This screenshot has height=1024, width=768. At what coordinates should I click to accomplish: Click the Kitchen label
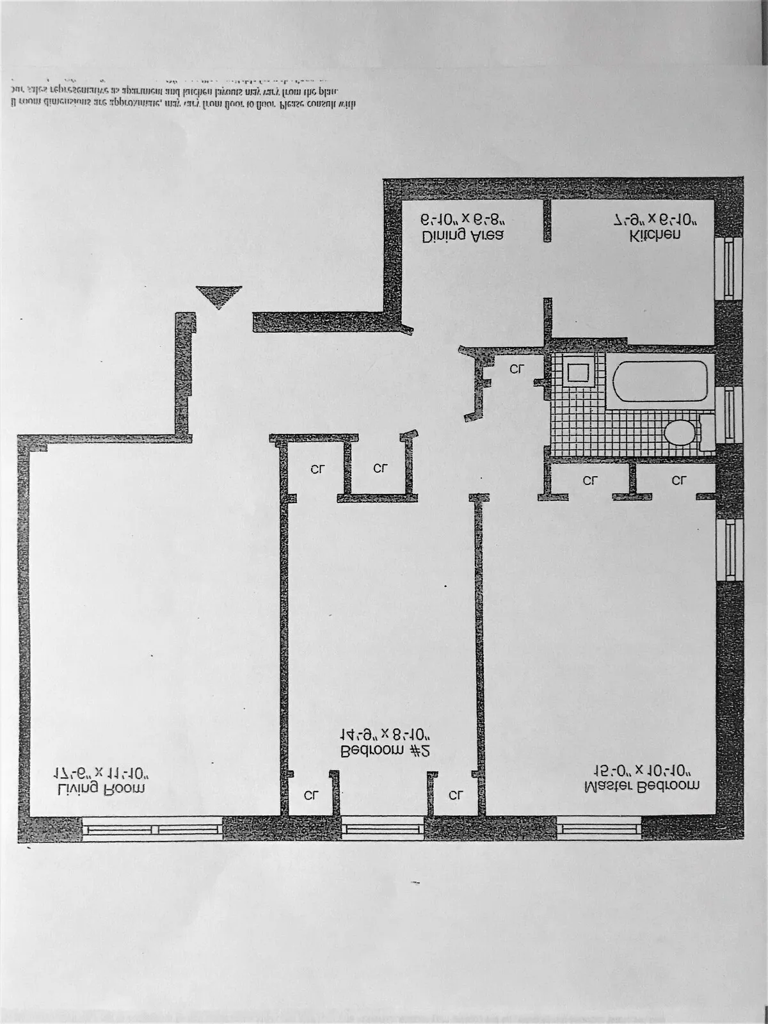click(x=655, y=235)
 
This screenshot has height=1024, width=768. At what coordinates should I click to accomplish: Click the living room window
click(x=152, y=830)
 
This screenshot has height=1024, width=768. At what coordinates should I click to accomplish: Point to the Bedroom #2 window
click(x=382, y=830)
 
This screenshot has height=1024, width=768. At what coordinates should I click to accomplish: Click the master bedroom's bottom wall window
click(x=599, y=830)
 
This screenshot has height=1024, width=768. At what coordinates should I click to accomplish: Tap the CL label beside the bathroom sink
click(x=517, y=369)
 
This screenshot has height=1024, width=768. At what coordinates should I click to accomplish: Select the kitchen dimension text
click(x=655, y=220)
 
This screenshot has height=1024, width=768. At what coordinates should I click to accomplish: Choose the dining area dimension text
click(x=463, y=220)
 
